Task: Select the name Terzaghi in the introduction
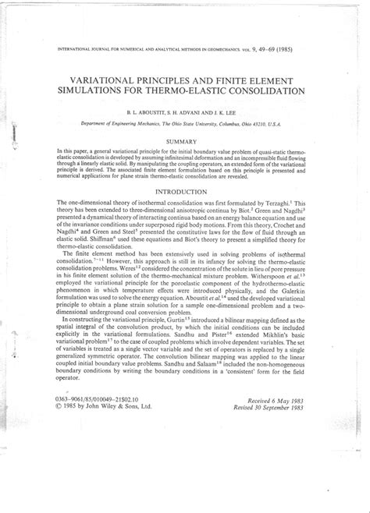coord(290,203)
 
